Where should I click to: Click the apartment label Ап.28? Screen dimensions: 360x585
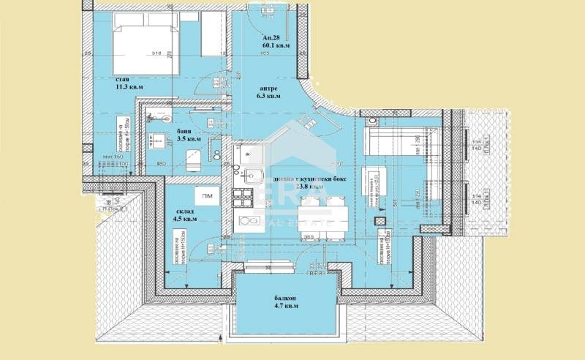coord(271,37)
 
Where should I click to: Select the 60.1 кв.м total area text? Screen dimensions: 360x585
coord(276,45)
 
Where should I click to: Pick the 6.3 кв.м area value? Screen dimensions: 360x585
coord(267,95)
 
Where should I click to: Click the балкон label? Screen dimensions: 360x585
coord(274,299)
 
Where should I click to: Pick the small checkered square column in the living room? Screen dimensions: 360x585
coord(378,220)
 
